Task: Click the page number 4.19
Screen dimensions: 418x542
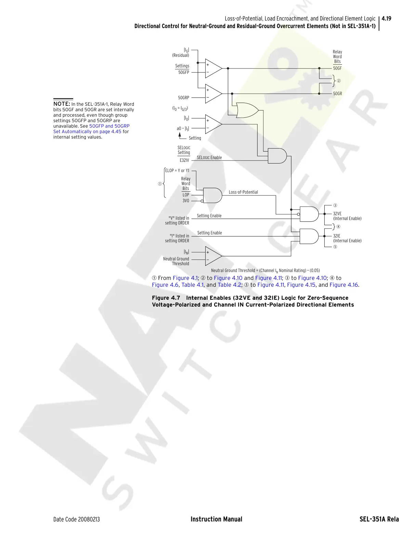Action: click(387, 18)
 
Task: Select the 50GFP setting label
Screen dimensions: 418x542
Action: click(183, 73)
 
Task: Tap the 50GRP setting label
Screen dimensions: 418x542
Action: click(183, 98)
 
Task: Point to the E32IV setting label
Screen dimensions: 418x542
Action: click(184, 160)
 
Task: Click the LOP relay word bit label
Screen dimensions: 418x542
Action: click(186, 195)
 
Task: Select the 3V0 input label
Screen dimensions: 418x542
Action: click(186, 201)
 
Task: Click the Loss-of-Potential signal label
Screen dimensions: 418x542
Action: click(243, 192)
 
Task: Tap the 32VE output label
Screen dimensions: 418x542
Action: click(337, 214)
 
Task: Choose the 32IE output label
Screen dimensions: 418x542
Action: click(337, 236)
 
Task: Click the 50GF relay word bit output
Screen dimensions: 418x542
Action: click(337, 68)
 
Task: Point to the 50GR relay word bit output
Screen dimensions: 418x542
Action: click(337, 94)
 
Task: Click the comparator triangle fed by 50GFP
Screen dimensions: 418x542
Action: click(213, 68)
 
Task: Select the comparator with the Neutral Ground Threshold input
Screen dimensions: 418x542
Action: click(213, 256)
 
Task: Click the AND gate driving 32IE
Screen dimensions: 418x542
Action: click(309, 236)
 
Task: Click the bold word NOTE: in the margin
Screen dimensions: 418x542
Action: click(62, 104)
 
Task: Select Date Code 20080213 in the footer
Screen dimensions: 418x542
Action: click(77, 519)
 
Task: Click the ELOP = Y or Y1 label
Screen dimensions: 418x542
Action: click(177, 171)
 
